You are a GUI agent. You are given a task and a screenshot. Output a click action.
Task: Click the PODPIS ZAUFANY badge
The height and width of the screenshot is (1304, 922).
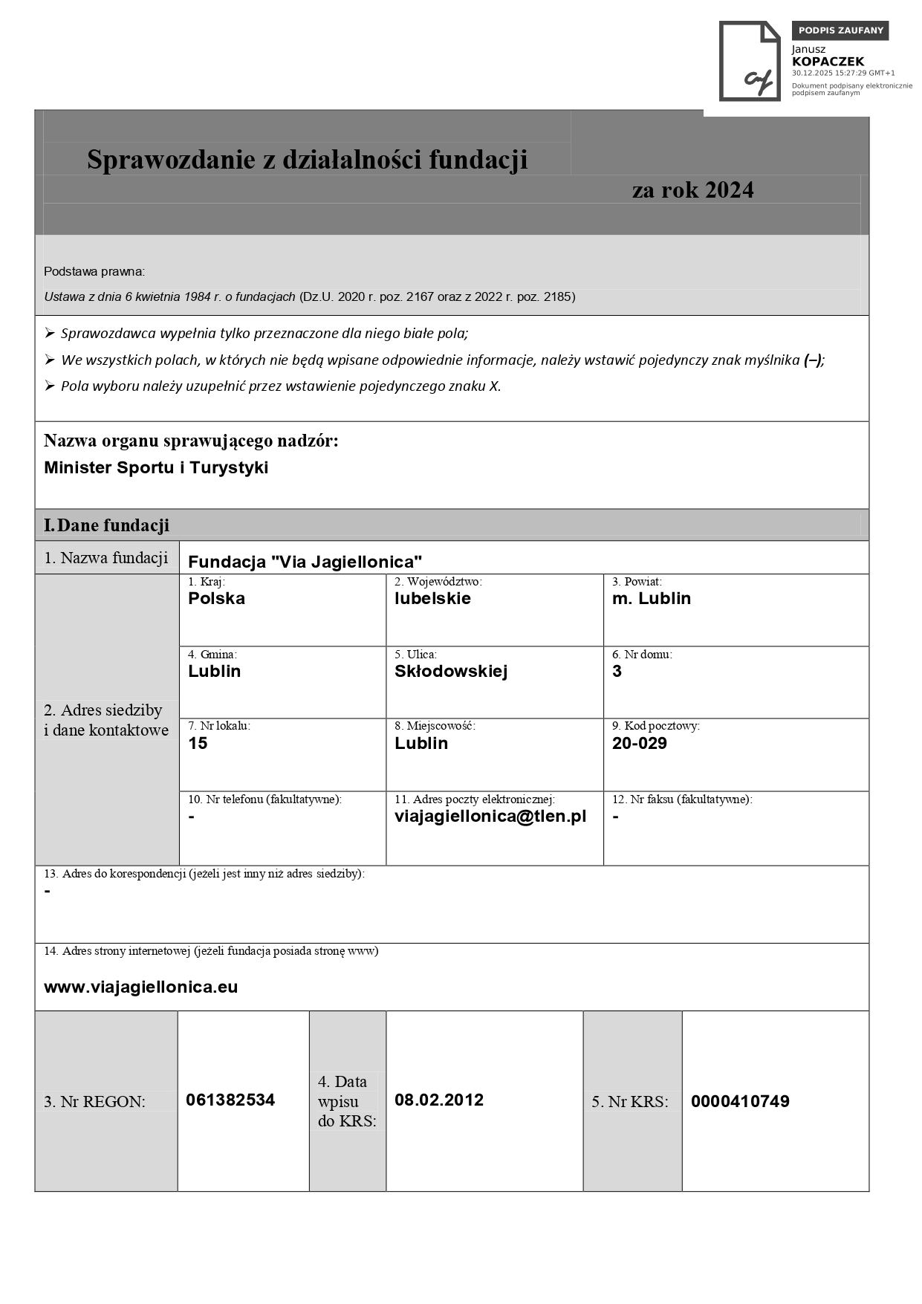(x=840, y=30)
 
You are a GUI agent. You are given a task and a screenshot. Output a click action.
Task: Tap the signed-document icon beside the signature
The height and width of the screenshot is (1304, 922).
(x=749, y=61)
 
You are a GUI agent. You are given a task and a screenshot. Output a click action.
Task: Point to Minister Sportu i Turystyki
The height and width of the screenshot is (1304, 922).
(x=156, y=467)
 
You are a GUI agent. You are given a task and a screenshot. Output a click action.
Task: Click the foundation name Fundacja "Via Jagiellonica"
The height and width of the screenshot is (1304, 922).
(x=305, y=562)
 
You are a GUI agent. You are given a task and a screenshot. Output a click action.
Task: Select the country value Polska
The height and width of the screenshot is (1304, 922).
(x=216, y=598)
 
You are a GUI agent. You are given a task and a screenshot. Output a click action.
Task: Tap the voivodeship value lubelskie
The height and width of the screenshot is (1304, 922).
(x=432, y=598)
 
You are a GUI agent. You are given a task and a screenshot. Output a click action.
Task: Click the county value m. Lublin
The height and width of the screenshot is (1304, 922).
(x=651, y=598)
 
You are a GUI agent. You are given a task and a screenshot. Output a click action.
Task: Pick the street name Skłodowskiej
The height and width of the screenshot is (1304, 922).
(x=450, y=671)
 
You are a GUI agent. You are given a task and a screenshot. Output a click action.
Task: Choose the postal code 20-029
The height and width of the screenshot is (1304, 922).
(x=639, y=743)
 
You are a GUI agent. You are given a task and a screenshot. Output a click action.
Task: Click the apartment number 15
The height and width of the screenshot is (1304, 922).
(x=198, y=743)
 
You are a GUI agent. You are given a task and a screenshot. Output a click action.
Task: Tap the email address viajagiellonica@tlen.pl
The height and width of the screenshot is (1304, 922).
(x=490, y=816)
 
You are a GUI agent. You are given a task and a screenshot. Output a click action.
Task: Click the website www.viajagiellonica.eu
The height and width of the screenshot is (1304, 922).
(x=140, y=987)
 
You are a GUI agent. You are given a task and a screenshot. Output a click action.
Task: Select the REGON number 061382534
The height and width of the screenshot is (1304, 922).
(x=230, y=1100)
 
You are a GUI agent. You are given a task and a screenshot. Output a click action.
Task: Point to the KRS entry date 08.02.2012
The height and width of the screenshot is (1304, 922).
(x=438, y=1100)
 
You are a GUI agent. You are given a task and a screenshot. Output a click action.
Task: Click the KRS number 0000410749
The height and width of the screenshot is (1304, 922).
(x=740, y=1101)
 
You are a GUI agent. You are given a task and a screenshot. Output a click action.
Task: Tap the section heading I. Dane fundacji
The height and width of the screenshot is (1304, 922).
(x=106, y=525)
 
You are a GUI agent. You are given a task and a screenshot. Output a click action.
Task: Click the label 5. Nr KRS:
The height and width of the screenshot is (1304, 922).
(x=629, y=1101)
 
